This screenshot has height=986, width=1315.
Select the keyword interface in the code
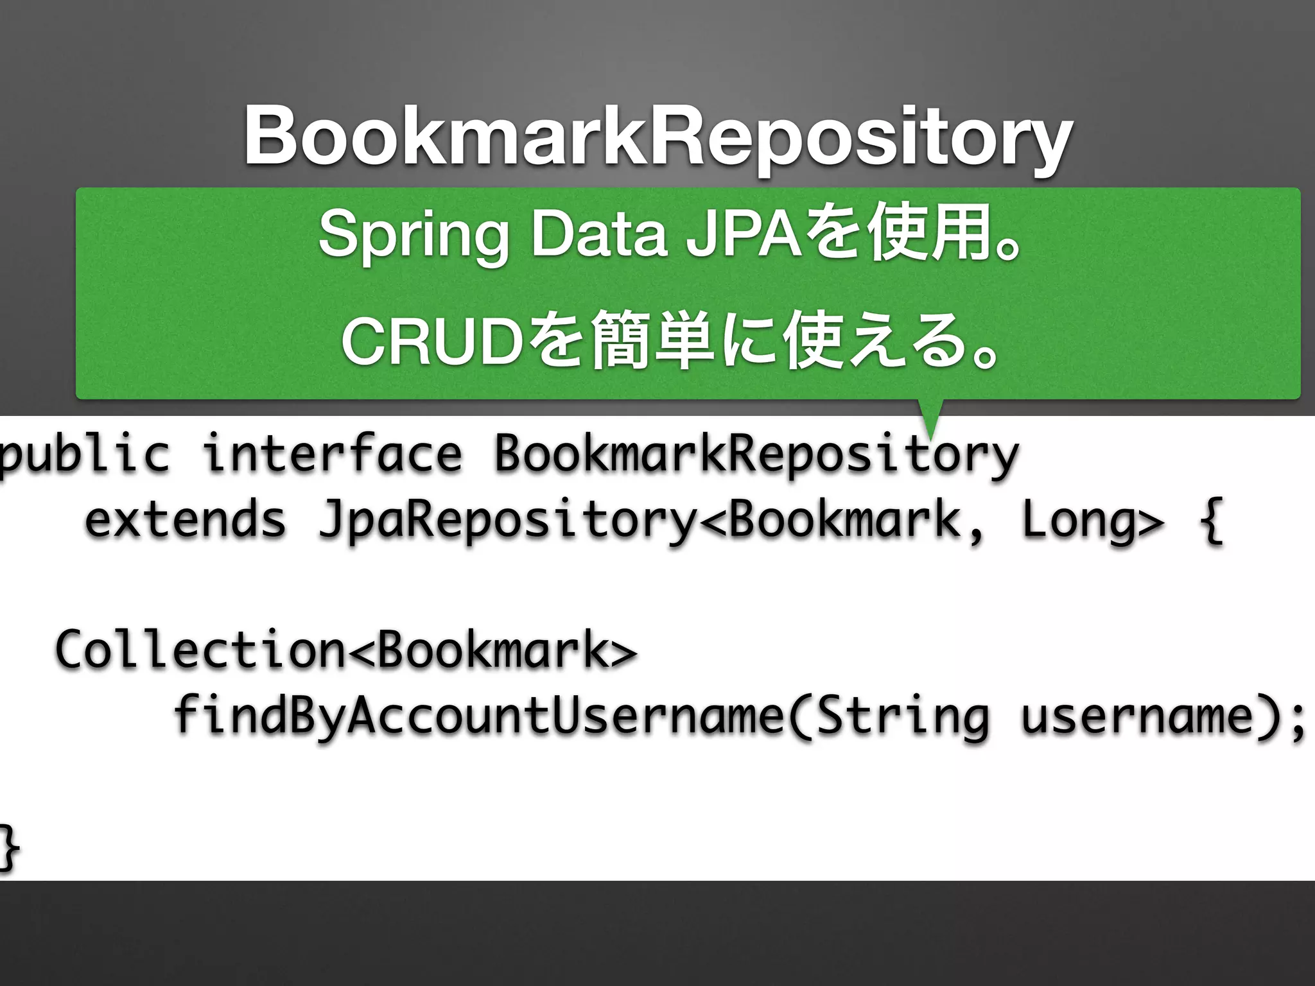click(x=332, y=454)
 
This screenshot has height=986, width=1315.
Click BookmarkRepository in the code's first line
click(x=756, y=454)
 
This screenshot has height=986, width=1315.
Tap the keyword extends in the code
click(x=185, y=520)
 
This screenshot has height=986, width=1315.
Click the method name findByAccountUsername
click(x=478, y=716)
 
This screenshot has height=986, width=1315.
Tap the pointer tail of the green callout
click(x=930, y=417)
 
